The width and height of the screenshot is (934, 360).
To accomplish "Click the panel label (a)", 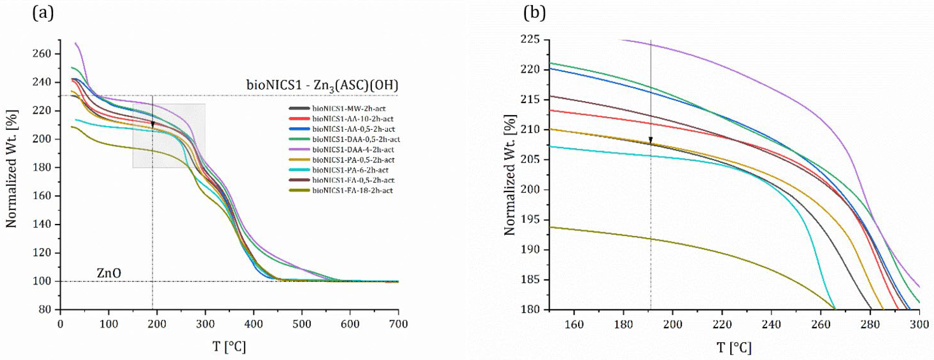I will pos(43,13).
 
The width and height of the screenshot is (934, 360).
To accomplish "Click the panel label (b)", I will pos(534,13).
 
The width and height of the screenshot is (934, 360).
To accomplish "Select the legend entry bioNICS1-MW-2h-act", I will pos(349,108).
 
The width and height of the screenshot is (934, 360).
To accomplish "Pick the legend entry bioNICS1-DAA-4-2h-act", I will pos(353,149).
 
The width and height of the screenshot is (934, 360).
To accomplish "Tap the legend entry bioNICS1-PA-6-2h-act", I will pos(350,170).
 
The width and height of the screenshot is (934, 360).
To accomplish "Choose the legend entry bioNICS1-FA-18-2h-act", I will pos(352,190).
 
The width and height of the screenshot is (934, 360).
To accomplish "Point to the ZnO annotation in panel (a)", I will pos(109,273).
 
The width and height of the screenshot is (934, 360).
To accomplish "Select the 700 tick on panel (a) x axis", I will pos(398,324).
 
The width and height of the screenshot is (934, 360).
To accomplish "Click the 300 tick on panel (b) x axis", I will pos(919,324).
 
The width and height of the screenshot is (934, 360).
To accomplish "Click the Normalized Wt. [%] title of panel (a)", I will pos(12,169).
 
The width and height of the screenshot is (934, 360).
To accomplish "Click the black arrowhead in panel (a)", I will pos(153,124).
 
